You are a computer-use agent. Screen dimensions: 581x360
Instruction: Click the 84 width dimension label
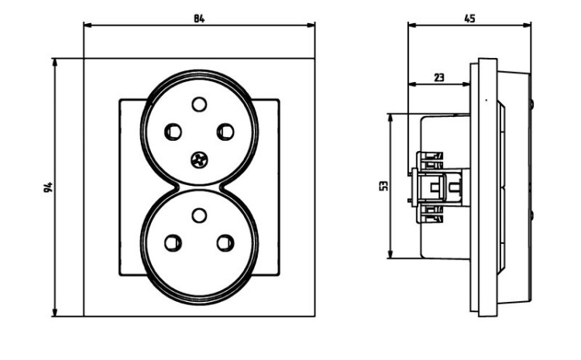point(199,19)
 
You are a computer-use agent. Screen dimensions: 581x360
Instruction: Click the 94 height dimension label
point(48,187)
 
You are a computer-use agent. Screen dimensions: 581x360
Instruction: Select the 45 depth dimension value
point(469,19)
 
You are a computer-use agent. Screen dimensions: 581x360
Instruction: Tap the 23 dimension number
point(438,77)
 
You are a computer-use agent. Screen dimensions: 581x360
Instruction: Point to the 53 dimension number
point(384,186)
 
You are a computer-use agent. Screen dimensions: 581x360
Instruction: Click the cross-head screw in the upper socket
point(199,160)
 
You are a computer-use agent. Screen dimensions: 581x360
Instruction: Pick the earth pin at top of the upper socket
point(199,105)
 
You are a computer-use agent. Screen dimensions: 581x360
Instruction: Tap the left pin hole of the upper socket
point(173,132)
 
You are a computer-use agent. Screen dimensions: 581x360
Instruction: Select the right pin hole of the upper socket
point(225,132)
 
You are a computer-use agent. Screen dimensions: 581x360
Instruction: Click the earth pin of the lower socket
point(199,215)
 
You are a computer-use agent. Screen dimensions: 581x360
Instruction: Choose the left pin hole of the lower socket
point(173,243)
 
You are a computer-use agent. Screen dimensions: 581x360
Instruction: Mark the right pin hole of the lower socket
point(225,243)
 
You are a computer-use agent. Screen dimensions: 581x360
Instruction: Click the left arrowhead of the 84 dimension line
point(88,26)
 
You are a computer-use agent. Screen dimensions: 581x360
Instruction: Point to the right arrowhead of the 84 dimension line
point(311,26)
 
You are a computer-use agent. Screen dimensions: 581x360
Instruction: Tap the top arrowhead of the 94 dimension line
point(55,63)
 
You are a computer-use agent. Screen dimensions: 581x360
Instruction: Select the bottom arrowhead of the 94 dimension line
point(55,312)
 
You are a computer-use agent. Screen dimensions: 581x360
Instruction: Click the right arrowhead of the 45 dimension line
point(527,26)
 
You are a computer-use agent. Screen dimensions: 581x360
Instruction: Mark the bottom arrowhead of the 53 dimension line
point(390,254)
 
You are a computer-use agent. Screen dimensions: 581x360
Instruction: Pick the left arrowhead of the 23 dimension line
point(412,84)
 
